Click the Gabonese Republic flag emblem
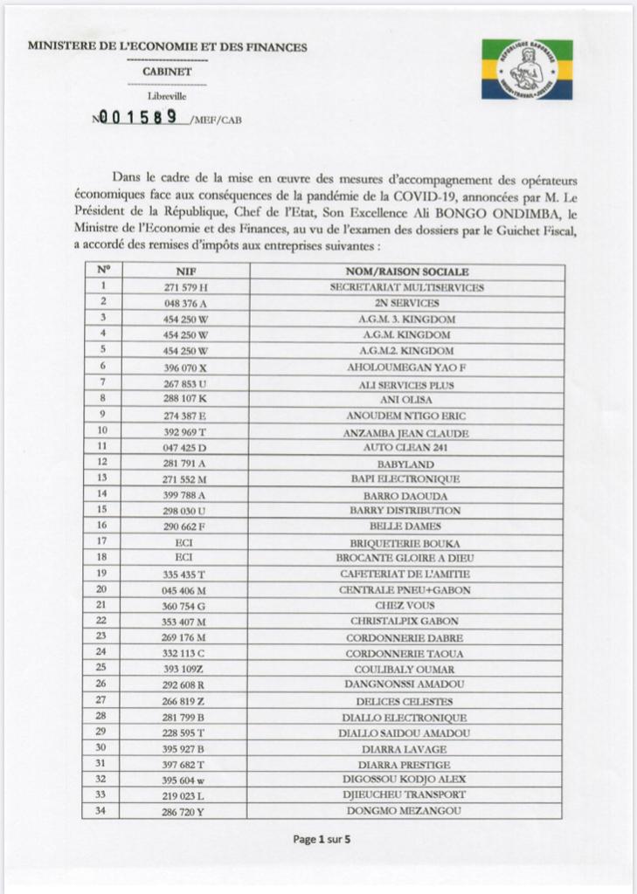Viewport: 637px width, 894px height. (527, 68)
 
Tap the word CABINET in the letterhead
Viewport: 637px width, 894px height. (167, 72)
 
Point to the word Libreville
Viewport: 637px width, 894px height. (167, 97)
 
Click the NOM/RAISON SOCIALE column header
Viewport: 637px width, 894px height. (406, 272)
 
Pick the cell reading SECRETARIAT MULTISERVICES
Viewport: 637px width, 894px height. (406, 287)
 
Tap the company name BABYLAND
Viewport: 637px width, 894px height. (406, 463)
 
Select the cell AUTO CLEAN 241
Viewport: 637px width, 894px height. (406, 447)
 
